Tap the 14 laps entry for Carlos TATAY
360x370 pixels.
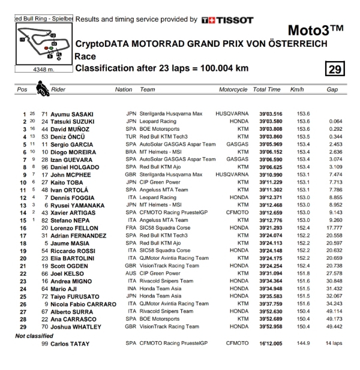tap(334, 344)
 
